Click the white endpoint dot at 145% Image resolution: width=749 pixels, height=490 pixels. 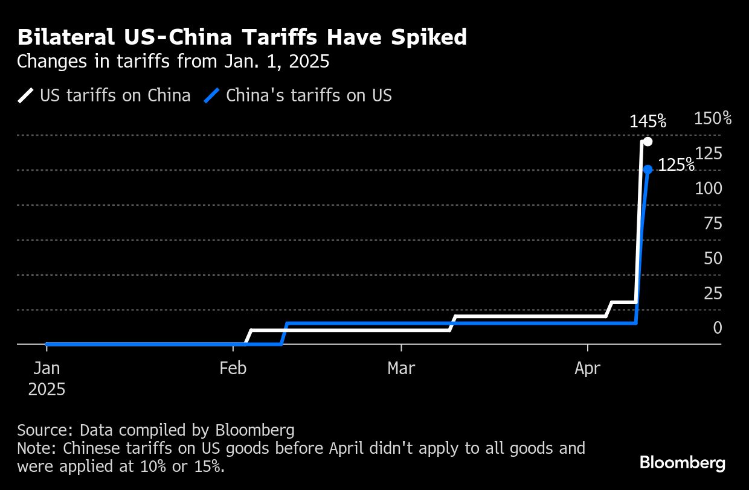[x=648, y=142]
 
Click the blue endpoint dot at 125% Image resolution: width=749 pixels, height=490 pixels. [x=648, y=170]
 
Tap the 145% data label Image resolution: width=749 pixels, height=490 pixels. [x=648, y=121]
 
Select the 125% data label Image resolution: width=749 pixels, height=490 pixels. [x=675, y=165]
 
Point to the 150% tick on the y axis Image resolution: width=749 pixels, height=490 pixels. [x=713, y=118]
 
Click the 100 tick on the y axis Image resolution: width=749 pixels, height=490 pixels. [x=709, y=188]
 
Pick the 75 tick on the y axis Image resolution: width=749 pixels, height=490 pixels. [x=713, y=223]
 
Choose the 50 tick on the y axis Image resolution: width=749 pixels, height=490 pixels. [x=713, y=258]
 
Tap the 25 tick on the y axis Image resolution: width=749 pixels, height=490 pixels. [x=713, y=293]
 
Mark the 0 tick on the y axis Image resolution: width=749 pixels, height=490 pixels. [x=718, y=328]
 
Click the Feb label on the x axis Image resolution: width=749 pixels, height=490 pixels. [x=233, y=368]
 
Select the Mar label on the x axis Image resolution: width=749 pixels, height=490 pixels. [x=402, y=368]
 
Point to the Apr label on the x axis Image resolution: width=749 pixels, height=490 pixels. [x=588, y=368]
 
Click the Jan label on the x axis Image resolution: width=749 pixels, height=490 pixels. [x=47, y=368]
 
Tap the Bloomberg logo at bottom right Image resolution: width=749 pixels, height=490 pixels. [x=683, y=463]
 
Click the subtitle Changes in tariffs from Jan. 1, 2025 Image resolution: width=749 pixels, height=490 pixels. [x=173, y=62]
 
